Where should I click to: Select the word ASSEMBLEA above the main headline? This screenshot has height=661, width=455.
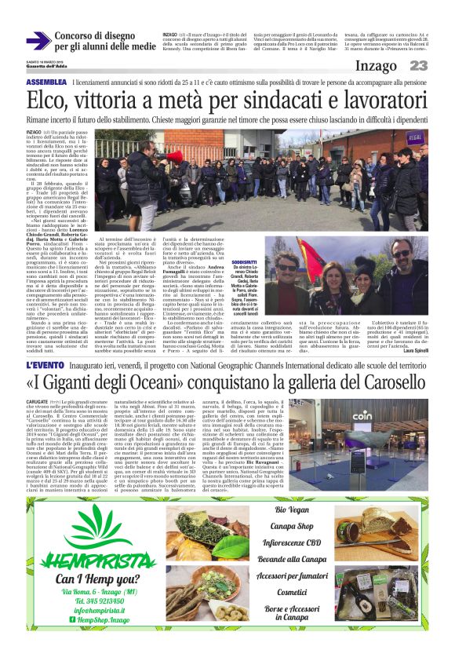point(45,82)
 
